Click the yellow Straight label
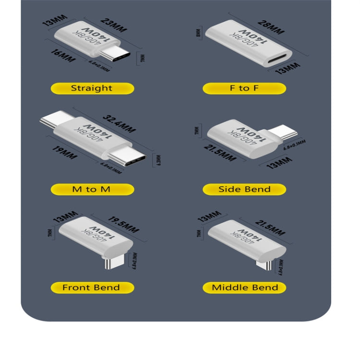92,88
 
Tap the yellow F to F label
244,88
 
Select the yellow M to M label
92,189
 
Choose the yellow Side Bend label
244,189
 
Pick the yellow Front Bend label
92,288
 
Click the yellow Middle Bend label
244,288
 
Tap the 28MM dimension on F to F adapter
270,27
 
